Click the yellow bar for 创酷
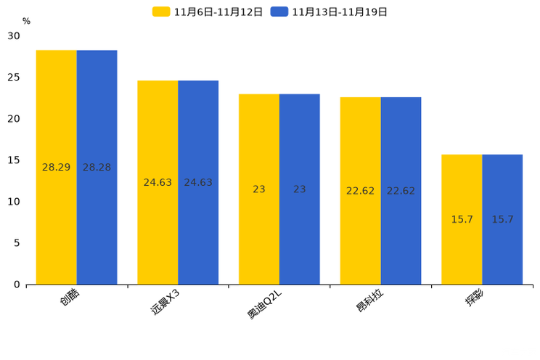[56, 168]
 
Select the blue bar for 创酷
[97, 168]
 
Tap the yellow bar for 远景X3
[157, 183]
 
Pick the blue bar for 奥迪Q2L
[300, 189]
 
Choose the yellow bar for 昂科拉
[361, 191]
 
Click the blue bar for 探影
[502, 220]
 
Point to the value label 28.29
[56, 168]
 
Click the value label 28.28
[97, 168]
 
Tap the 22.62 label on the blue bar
[401, 191]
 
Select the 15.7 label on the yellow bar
[462, 219]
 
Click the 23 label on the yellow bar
[259, 189]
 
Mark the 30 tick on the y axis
[14, 36]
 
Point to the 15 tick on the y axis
[14, 160]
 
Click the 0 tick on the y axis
[17, 285]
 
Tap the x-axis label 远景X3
[165, 302]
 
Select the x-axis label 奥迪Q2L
[264, 304]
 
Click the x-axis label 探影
[475, 298]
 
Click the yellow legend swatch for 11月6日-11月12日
[161, 12]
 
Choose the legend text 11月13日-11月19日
[340, 12]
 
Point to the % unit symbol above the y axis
[26, 21]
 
